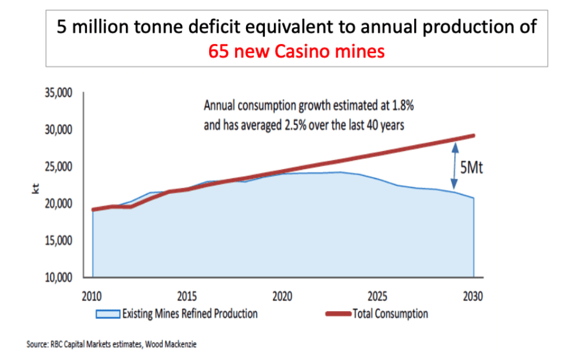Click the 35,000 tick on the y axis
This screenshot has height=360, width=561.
57,93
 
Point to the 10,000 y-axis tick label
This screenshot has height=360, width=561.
57,278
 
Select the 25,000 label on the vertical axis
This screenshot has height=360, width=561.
57,167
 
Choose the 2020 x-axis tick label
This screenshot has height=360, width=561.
282,297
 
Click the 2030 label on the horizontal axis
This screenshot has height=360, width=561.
473,297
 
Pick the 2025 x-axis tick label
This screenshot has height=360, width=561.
378,297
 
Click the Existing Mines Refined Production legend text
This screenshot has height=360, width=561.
189,314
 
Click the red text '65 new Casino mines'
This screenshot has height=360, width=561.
296,52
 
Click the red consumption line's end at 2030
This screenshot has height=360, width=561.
473,135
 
